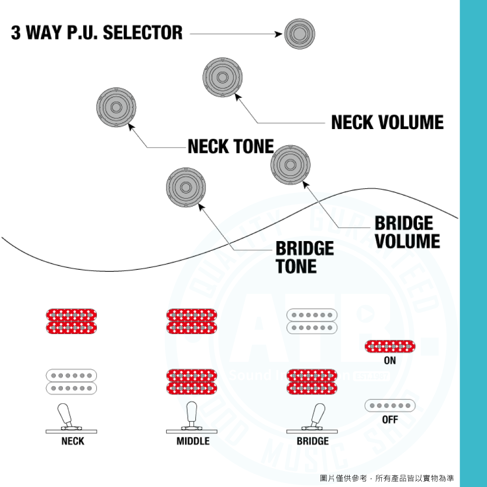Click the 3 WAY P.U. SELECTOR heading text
97,33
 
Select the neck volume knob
223,77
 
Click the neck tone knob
116,107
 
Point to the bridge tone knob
186,187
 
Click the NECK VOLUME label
387,122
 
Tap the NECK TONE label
230,146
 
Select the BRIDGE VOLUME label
407,232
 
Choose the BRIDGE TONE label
304,257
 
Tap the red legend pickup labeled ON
390,347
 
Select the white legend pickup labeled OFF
390,405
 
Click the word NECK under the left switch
73,441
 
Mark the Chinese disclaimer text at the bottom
387,478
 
